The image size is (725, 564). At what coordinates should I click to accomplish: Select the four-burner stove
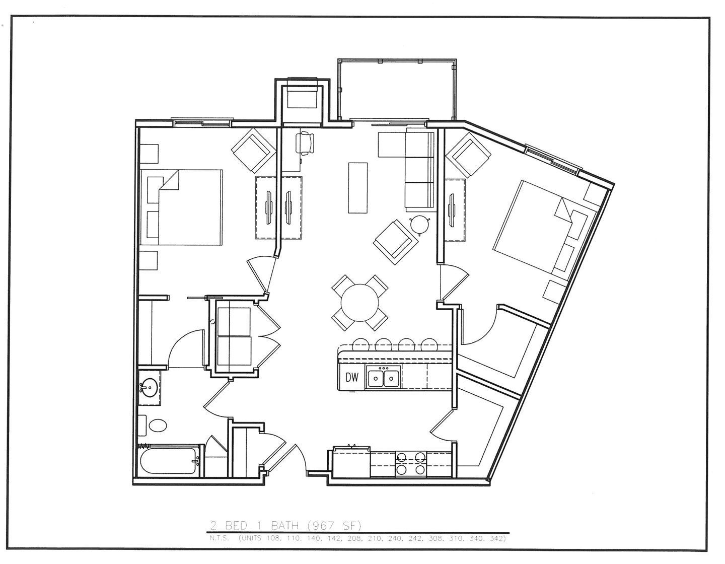point(411,464)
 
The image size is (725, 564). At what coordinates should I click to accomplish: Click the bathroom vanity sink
point(149,388)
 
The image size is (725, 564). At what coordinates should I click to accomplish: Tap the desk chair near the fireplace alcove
point(306,142)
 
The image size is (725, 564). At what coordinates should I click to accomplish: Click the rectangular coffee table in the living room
point(357,188)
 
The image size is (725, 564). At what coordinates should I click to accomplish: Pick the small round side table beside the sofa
point(419,225)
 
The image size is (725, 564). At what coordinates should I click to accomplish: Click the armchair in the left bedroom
point(253,150)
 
